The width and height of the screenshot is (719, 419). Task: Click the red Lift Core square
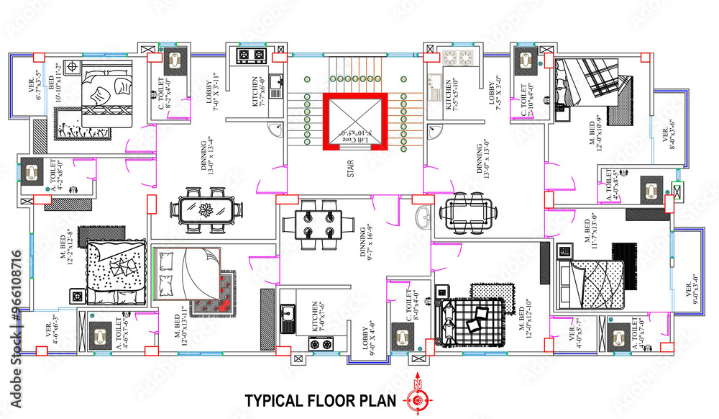tap(354, 122)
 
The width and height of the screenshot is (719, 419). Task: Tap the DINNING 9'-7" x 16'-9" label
tap(367, 245)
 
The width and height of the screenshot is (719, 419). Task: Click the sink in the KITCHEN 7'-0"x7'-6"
tap(288, 314)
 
